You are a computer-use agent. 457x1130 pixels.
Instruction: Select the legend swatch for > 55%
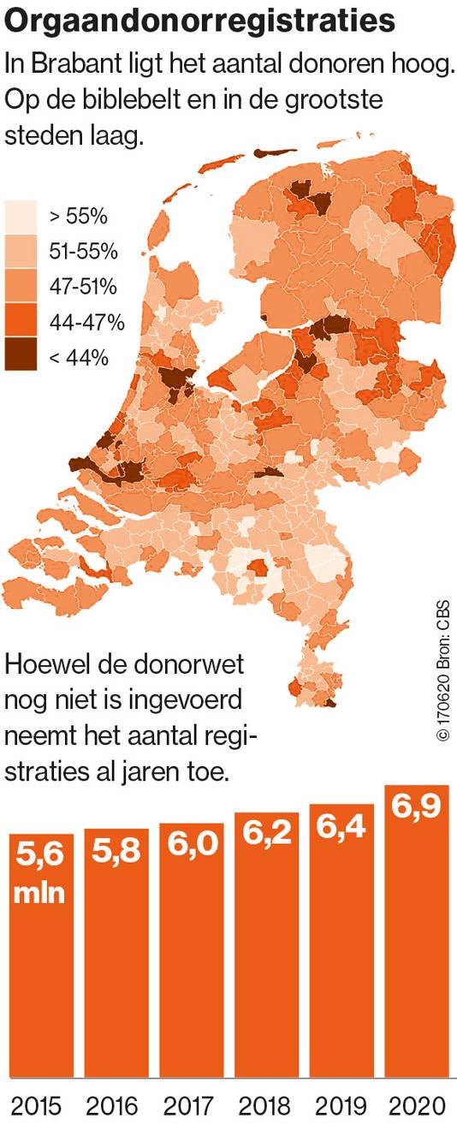[x=21, y=215]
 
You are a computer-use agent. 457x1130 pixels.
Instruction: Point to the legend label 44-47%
[x=88, y=322]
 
